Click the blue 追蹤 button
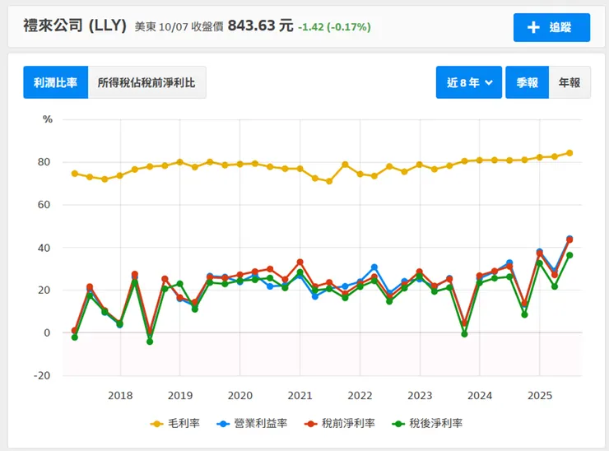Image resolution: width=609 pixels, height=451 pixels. coord(551,27)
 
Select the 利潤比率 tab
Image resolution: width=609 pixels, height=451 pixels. coord(55,82)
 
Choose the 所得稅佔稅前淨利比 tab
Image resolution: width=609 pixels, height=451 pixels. coord(146,82)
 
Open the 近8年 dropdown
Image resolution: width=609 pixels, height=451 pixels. coord(469,82)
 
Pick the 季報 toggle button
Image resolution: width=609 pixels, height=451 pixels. coord(527,82)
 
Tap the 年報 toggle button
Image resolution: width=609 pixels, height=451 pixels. coord(569,82)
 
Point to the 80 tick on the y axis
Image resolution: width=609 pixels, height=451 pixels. coord(45,162)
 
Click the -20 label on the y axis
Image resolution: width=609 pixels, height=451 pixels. coord(43,376)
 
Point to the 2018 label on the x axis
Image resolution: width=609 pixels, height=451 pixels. coord(120,395)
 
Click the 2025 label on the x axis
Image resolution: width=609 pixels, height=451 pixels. coord(539,395)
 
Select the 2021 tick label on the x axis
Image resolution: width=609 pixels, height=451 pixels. coord(300,395)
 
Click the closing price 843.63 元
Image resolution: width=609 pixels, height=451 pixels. coord(260,26)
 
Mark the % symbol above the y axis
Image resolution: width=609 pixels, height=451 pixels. coord(47,119)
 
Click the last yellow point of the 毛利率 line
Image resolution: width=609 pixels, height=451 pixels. coord(569,153)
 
